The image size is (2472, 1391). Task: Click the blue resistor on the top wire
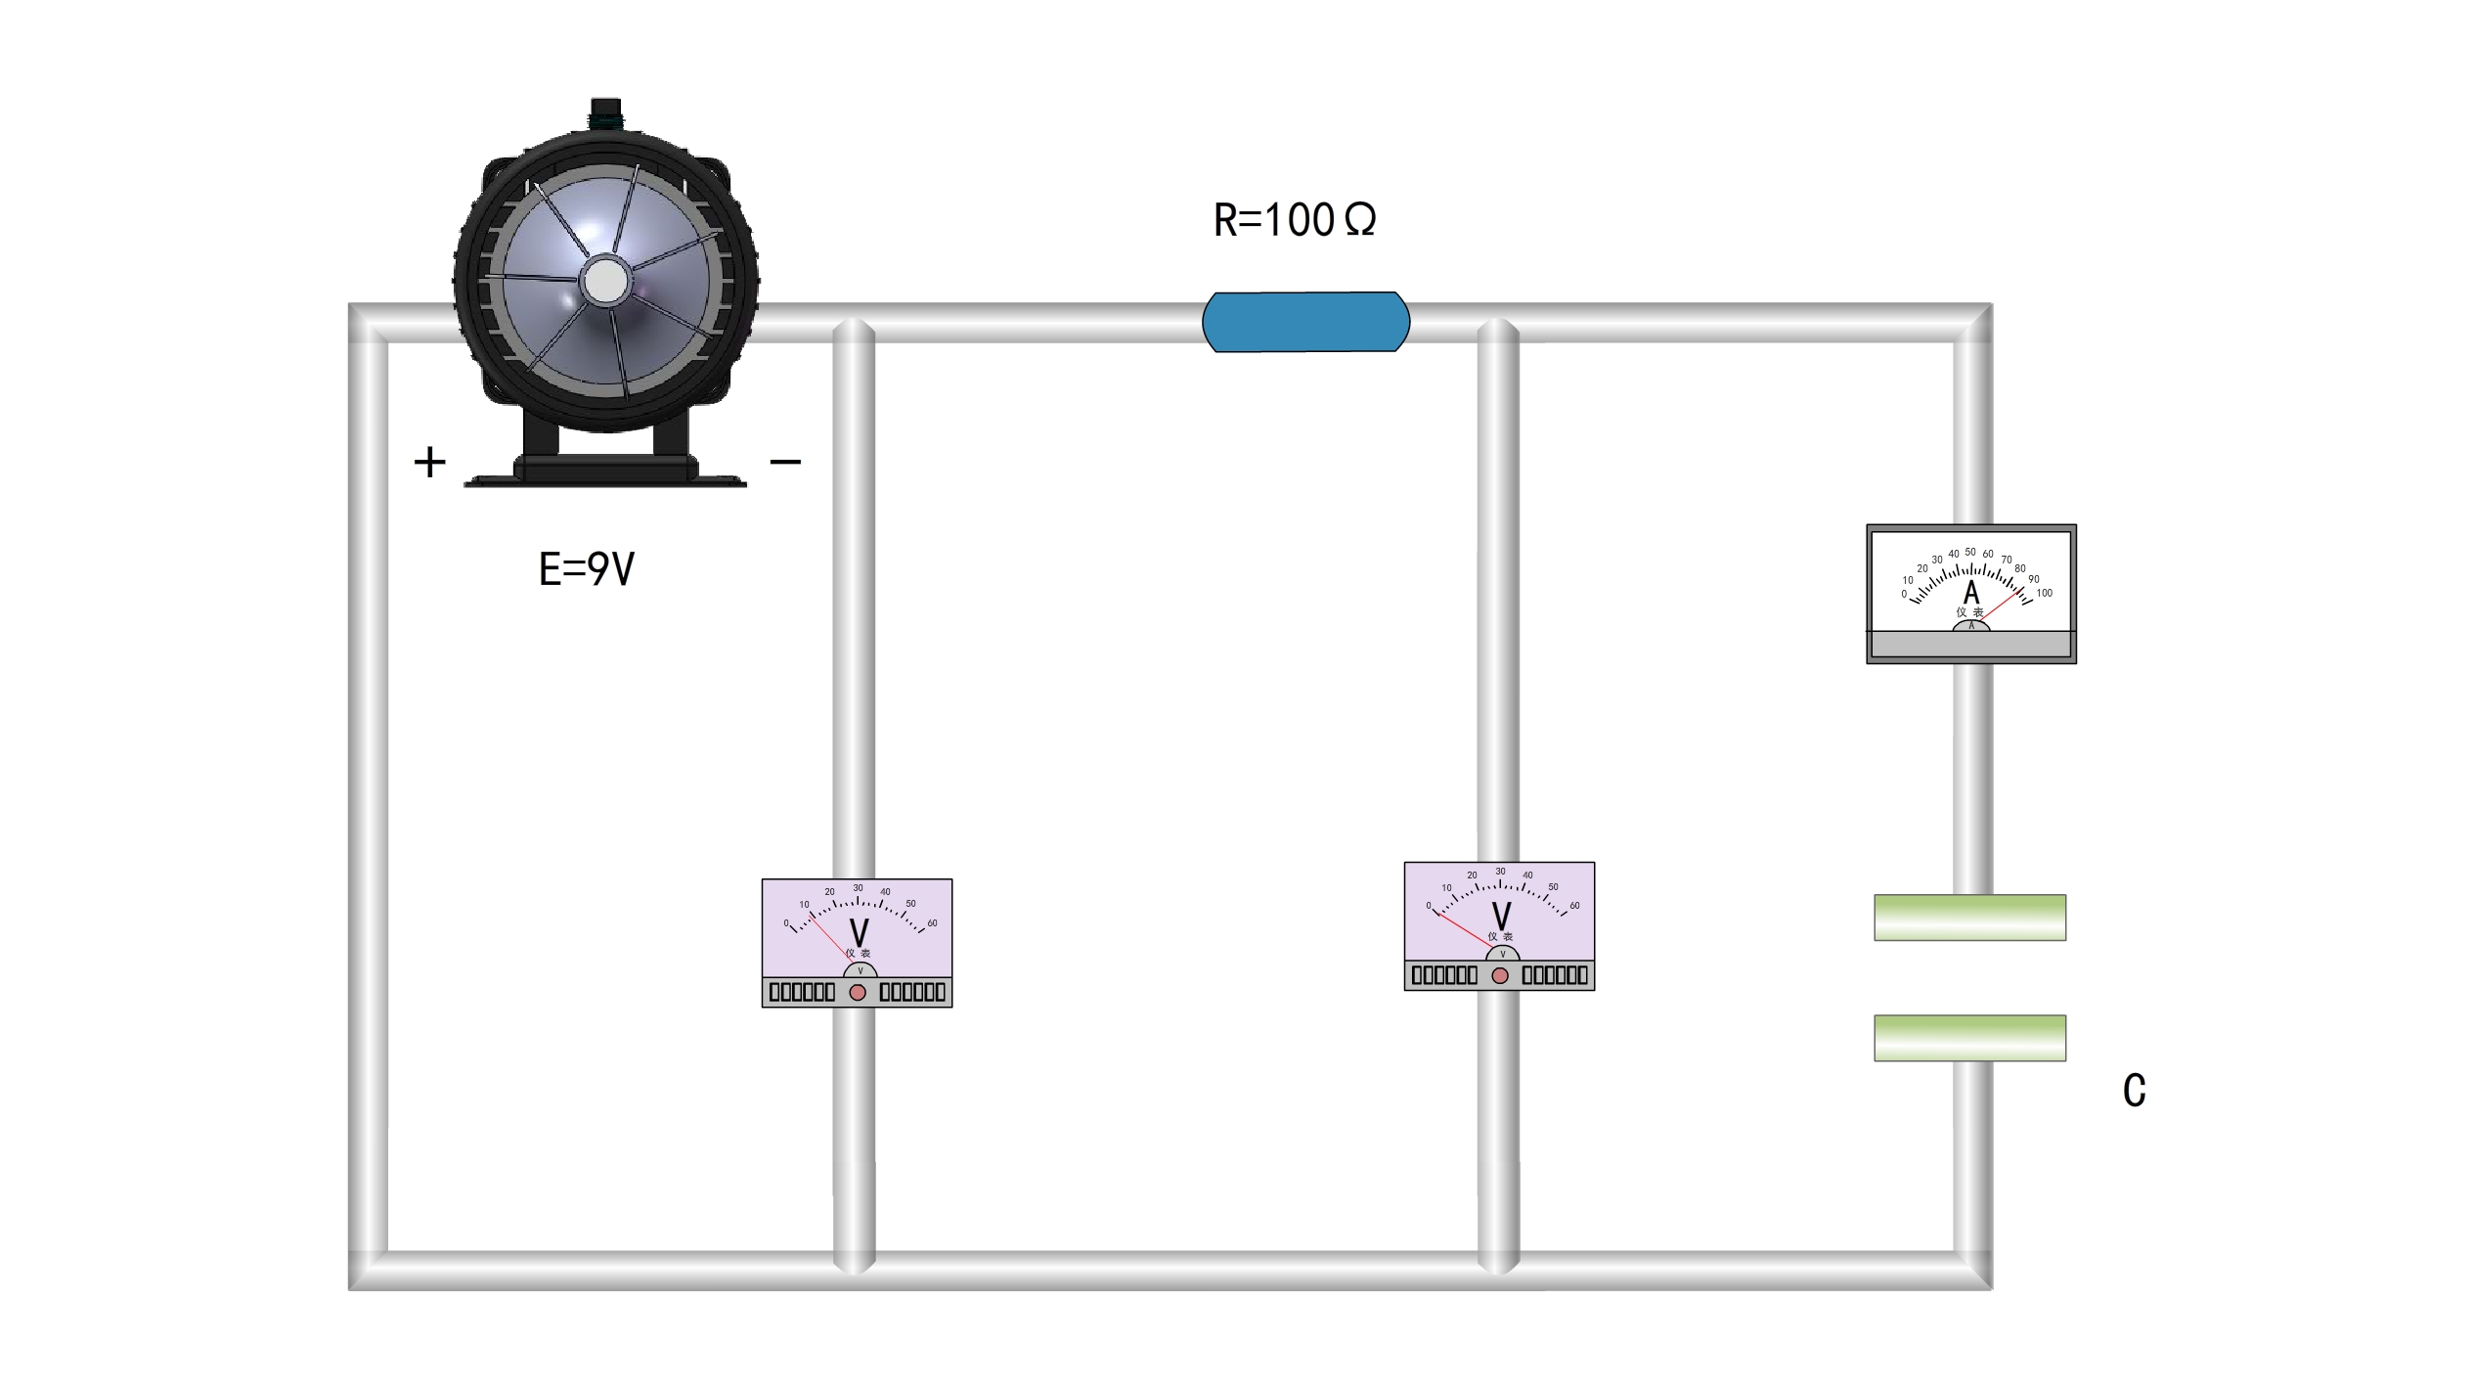[1305, 322]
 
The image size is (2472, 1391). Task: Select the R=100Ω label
[1295, 220]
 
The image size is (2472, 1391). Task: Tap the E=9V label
[587, 568]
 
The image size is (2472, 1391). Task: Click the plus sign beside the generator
[430, 462]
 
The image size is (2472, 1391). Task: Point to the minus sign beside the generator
[786, 461]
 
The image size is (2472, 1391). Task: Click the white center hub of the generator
[606, 282]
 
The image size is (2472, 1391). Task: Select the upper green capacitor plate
[1969, 918]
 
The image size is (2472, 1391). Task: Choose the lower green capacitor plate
[1969, 1038]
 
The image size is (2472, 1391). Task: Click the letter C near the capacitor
[2135, 1091]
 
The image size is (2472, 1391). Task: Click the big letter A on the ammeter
[1971, 593]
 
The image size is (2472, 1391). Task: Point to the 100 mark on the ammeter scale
[2044, 593]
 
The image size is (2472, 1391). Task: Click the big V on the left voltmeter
[859, 933]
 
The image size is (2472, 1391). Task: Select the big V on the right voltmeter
[1501, 917]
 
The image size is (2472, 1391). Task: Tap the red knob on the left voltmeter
[858, 992]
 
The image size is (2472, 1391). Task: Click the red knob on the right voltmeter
[1500, 975]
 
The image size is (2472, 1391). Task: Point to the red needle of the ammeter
[2000, 606]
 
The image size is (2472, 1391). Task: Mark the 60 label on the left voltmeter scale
[932, 923]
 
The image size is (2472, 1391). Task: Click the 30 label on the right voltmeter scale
[1500, 872]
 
